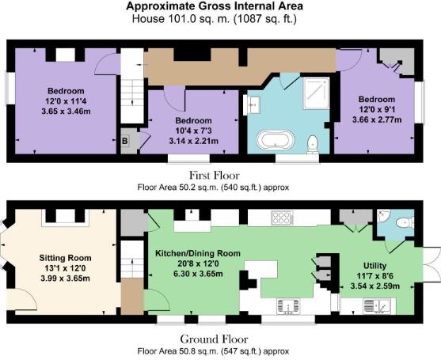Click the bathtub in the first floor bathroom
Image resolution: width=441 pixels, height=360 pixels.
276,139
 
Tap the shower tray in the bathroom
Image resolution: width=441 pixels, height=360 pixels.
317,93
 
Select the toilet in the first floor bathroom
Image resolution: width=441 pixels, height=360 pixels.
313,145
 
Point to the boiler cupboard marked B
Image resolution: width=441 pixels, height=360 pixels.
125,141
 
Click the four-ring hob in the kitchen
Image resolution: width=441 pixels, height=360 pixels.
282,218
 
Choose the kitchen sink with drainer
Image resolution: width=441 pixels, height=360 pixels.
288,306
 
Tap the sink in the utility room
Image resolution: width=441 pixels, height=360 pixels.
377,306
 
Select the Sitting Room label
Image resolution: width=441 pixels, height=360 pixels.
65,258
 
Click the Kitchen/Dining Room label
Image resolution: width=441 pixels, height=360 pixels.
198,253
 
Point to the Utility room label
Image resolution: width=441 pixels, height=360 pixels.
375,266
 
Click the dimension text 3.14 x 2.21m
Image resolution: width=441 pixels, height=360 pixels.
193,141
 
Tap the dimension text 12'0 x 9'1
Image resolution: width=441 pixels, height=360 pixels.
377,109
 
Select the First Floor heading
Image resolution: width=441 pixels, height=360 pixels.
215,176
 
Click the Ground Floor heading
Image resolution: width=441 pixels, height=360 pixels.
214,339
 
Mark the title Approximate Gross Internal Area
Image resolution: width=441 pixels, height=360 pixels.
215,6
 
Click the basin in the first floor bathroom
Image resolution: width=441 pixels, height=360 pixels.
252,104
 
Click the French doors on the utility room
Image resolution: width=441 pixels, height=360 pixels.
431,264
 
